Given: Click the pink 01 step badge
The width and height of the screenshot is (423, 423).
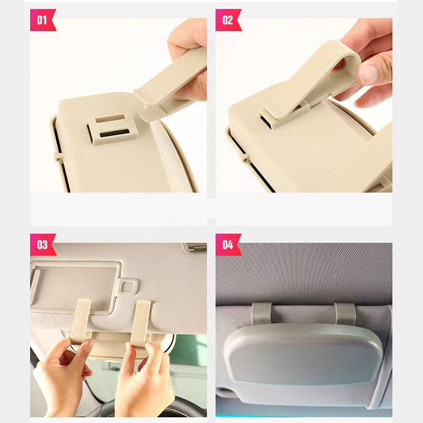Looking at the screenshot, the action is coord(43,20).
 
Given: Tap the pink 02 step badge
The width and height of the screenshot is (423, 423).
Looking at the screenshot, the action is coord(228,20).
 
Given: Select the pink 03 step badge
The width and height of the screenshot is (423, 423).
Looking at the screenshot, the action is coord(43,245).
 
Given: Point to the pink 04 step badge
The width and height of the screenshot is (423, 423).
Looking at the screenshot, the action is coord(228,245).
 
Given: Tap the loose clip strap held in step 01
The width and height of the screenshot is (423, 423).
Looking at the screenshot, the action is coord(170,84).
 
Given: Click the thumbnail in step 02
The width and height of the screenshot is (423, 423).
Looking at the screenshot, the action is coord(369,74).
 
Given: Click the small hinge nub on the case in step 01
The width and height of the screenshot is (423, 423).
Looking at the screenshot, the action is coord(58,157).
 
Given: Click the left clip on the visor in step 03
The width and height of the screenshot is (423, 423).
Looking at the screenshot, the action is coord(80,321).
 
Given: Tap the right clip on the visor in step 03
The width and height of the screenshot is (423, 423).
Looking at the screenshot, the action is coord(141,323).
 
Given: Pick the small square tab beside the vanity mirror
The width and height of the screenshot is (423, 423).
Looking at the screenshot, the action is coord(127,287).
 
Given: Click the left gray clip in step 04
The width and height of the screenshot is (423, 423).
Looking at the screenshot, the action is coord(262,314).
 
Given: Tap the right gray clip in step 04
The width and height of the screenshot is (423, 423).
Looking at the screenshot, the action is coord(345,314).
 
